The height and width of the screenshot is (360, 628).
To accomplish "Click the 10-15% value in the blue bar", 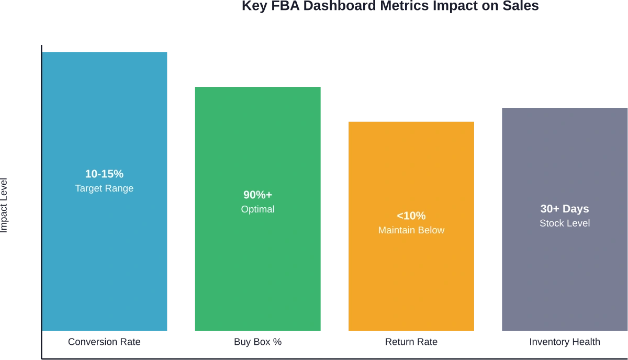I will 104,174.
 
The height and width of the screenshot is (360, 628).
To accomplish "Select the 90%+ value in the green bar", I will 257,195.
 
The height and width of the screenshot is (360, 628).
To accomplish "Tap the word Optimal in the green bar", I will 257,209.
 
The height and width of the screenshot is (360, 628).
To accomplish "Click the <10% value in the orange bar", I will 411,216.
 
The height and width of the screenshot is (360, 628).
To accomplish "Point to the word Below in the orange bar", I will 432,230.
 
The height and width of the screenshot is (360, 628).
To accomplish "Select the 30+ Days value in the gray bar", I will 565,209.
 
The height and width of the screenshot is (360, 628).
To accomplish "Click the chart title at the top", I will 389,6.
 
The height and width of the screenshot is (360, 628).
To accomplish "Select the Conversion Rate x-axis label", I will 105,343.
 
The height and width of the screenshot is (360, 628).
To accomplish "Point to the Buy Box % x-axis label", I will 259,343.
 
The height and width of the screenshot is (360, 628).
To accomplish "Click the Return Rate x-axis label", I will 412,343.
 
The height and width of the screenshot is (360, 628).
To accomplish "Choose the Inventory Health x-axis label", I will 565,343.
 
